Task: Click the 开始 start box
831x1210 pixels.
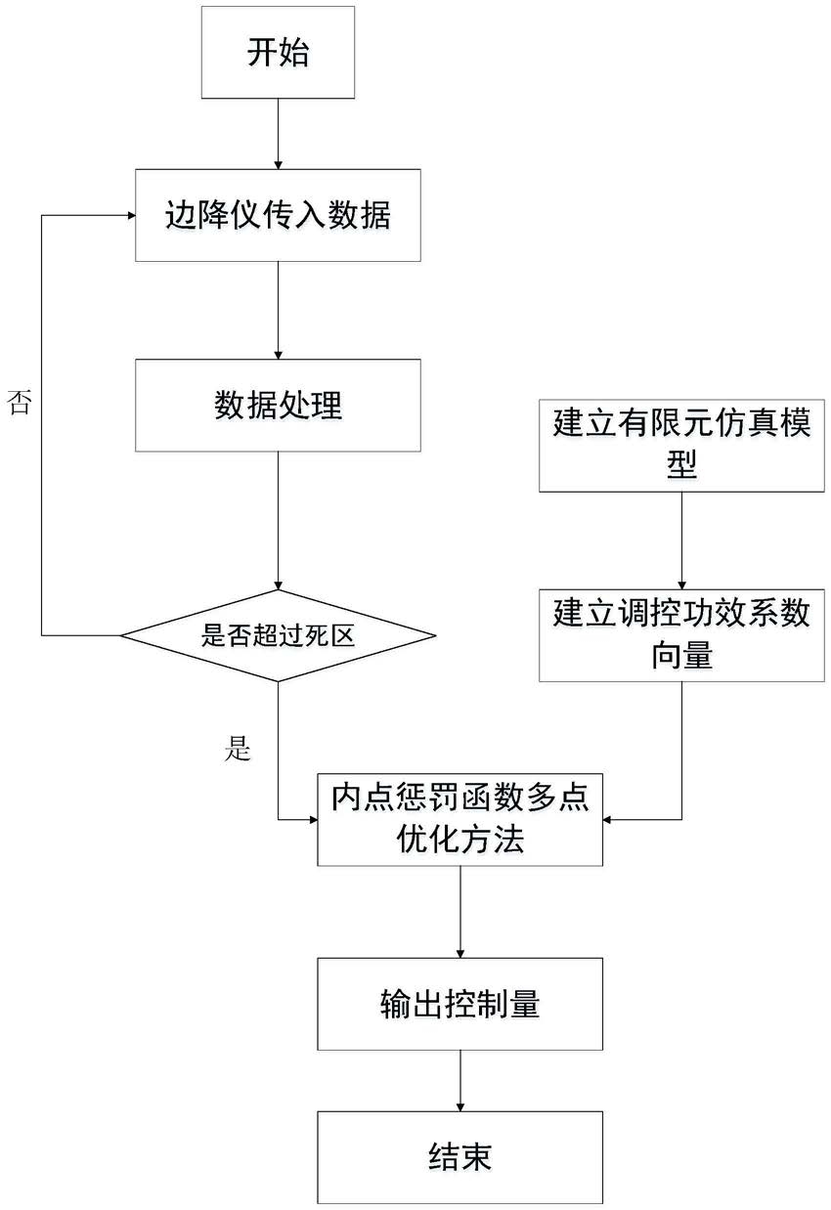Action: (278, 53)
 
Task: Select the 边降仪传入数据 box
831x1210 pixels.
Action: (278, 216)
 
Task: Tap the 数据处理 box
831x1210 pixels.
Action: (278, 406)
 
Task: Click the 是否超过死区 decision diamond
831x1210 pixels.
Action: (278, 635)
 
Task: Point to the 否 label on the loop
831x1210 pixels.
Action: (19, 403)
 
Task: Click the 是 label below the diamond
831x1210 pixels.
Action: (238, 749)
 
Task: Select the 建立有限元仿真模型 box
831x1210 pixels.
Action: (681, 446)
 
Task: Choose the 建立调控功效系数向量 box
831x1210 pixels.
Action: (681, 635)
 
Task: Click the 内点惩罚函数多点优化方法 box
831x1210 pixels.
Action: (459, 820)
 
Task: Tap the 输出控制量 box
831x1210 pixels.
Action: (459, 1004)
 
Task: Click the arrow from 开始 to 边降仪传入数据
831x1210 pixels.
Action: (278, 134)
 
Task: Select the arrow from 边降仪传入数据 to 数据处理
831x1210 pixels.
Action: (278, 311)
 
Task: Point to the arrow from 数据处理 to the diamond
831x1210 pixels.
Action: (278, 521)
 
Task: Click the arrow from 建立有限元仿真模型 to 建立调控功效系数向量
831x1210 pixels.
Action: (681, 540)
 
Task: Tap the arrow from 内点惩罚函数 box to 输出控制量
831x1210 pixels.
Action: (459, 912)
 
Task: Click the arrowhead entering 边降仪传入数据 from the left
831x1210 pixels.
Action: (131, 216)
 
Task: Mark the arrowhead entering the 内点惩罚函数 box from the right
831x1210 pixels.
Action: (607, 820)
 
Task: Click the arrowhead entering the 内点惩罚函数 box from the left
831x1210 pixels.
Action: (313, 820)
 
